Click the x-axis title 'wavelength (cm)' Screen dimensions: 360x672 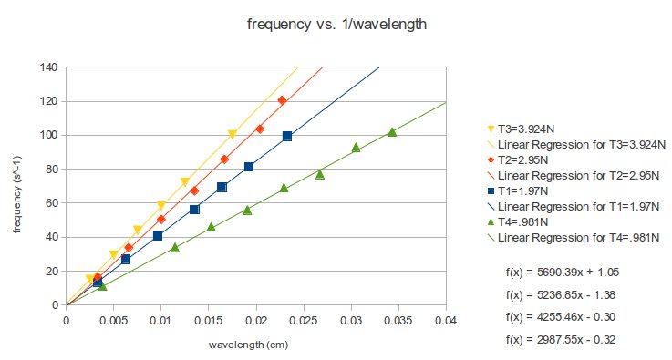pos(256,345)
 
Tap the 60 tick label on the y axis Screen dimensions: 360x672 pos(52,203)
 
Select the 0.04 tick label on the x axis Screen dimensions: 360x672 pos(446,321)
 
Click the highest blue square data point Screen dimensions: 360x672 pos(287,136)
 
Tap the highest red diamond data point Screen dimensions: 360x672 pos(282,100)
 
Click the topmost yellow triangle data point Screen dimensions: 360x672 pos(233,135)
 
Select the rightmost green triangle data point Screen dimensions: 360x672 pos(392,132)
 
